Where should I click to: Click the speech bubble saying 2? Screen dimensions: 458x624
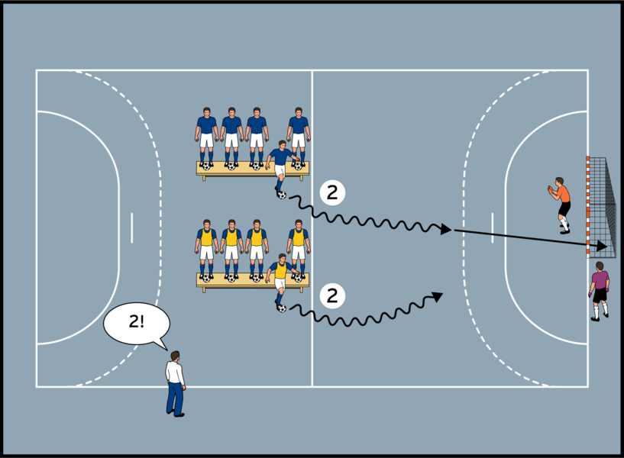point(136,322)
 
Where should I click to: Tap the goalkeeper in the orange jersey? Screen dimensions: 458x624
point(562,203)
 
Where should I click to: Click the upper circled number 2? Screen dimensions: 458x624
point(331,193)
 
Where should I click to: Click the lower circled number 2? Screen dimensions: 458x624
point(331,295)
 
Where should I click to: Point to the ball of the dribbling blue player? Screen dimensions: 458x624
point(282,195)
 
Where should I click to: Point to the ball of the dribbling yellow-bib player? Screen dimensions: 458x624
point(282,308)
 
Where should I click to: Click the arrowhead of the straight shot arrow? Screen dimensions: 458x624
point(603,246)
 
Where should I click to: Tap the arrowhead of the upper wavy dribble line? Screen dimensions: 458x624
point(446,228)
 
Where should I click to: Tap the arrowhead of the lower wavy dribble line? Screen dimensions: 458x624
point(438,295)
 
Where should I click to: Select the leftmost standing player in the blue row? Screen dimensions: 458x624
point(206,136)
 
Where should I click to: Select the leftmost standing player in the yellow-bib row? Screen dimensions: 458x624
point(206,248)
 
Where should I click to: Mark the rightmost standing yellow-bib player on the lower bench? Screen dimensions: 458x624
point(299,246)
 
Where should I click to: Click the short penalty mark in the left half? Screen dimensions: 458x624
point(131,227)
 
